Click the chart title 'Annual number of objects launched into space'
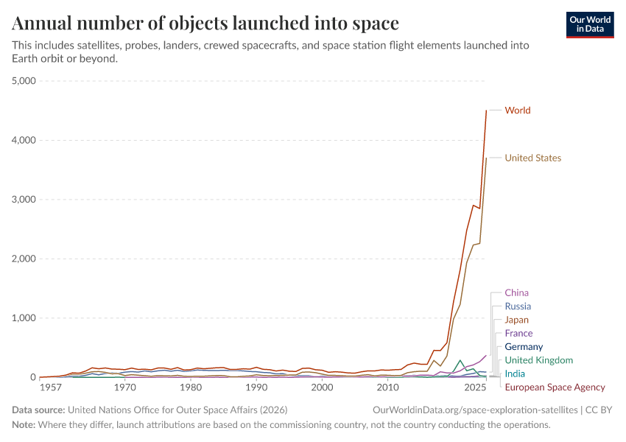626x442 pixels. [205, 24]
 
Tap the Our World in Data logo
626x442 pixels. [589, 24]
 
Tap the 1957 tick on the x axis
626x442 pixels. [51, 387]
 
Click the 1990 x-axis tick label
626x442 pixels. [256, 387]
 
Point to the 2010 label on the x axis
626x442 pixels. [387, 387]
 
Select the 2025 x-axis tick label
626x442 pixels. [475, 387]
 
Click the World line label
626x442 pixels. [517, 110]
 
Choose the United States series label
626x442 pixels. [532, 158]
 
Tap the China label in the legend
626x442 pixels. [516, 293]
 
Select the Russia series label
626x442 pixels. [518, 306]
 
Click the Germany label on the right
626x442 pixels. [524, 347]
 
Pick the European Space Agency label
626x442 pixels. [555, 387]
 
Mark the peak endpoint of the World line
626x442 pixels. [486, 110]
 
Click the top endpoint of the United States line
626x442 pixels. [486, 158]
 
